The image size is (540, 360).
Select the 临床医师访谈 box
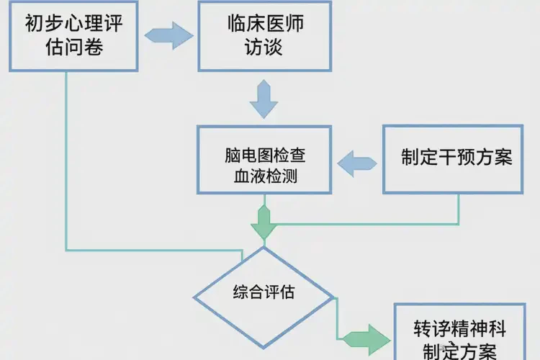coord(264,36)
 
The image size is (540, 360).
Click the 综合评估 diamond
coord(264,294)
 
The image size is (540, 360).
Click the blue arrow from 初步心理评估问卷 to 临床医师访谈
coord(170,35)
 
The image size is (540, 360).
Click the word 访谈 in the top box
coord(264,49)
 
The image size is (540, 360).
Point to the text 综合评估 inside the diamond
coord(264,294)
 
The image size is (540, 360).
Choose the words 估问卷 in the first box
coord(64,49)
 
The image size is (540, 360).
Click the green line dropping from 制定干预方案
coord(459,209)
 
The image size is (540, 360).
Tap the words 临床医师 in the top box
coord(264,24)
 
